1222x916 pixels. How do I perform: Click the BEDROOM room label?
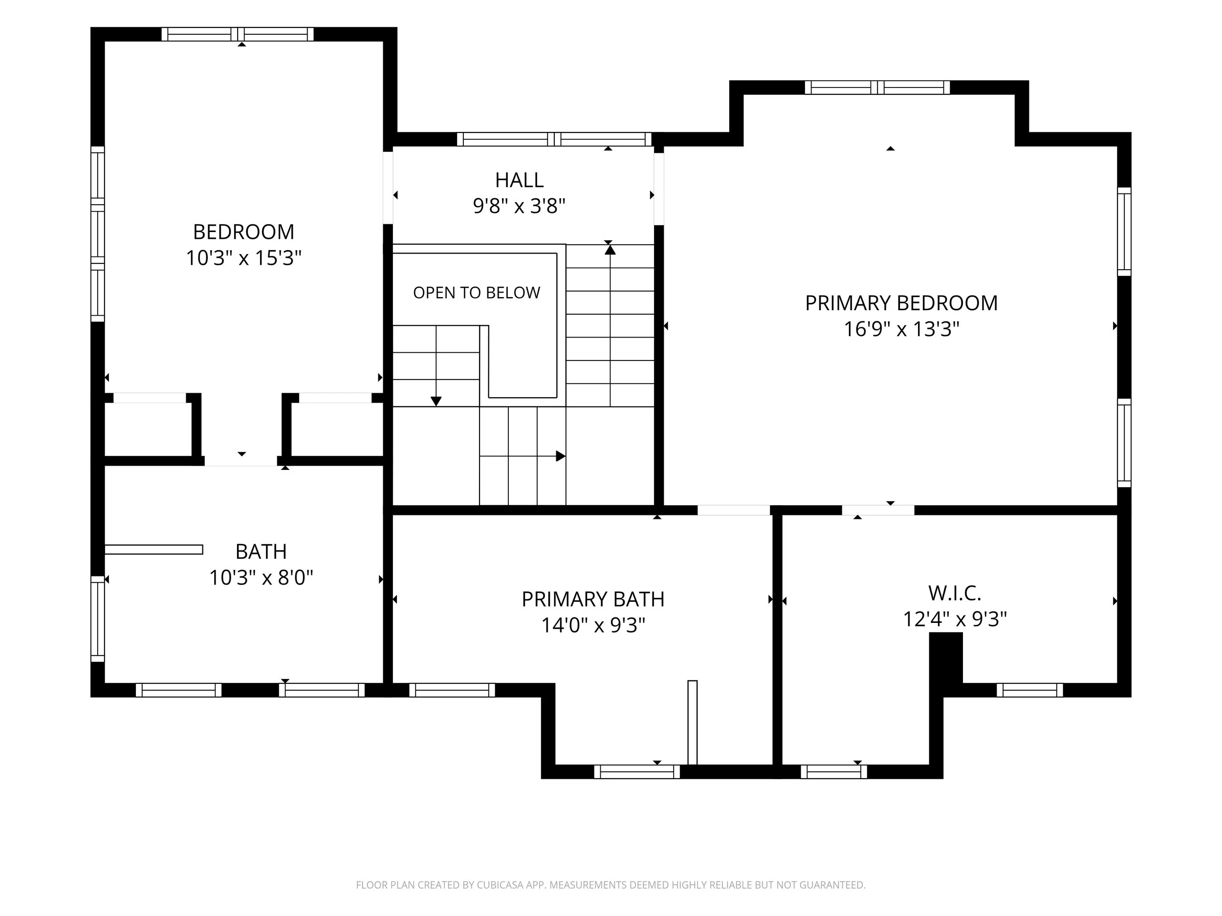pos(243,232)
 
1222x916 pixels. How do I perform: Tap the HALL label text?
pos(519,180)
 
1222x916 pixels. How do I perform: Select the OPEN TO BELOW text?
pos(477,293)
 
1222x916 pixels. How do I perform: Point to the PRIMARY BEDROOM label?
pos(901,303)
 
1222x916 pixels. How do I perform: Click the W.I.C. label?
pos(955,593)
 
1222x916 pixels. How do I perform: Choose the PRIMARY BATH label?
pos(593,599)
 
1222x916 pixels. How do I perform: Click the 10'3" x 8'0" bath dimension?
pos(261,577)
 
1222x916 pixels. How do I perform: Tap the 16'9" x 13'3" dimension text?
pos(901,329)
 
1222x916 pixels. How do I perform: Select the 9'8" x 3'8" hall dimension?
pos(519,206)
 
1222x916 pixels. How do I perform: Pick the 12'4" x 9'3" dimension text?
pos(955,619)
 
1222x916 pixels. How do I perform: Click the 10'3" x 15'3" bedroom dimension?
pos(243,258)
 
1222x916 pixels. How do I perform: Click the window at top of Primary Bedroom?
pos(877,87)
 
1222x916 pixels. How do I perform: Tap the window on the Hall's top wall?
pos(554,139)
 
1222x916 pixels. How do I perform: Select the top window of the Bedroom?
pos(238,34)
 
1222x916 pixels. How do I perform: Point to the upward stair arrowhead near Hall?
pos(610,250)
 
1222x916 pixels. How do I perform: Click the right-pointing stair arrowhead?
pos(561,456)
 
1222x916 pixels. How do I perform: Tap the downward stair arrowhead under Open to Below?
pos(436,402)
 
